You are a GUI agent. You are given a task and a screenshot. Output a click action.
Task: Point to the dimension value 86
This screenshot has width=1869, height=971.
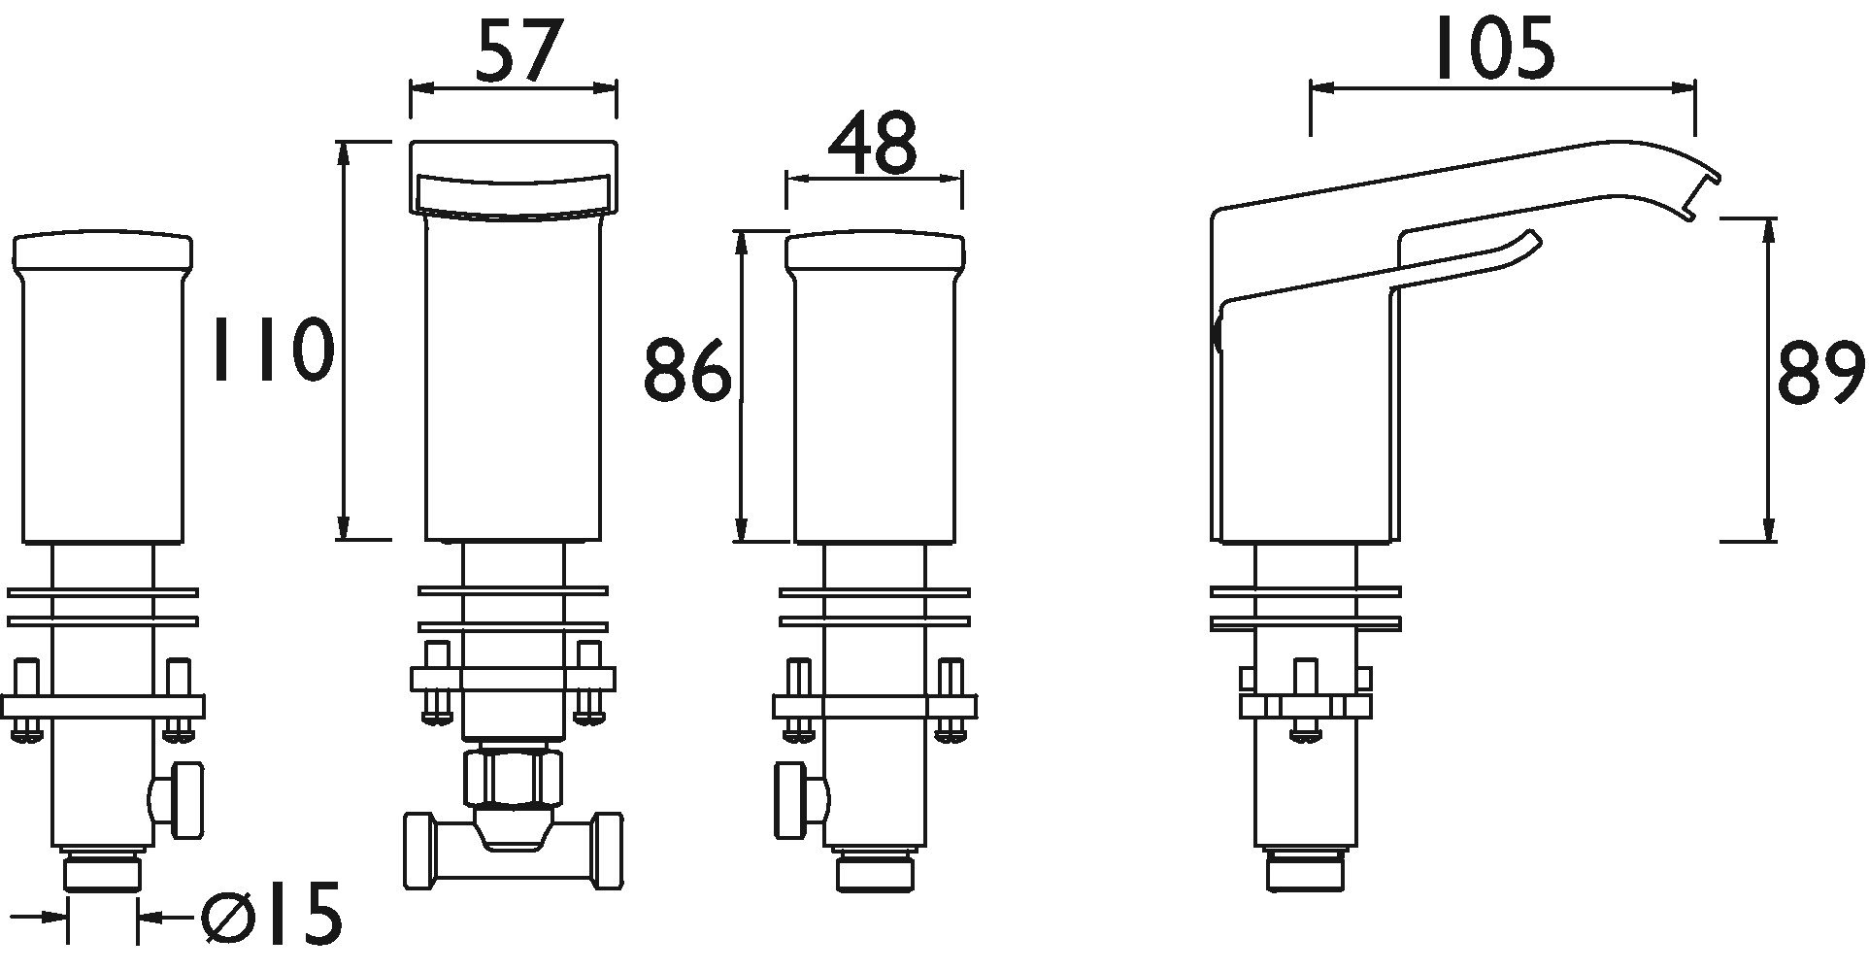click(687, 369)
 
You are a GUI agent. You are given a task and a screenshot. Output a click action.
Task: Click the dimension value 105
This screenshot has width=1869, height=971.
click(1494, 50)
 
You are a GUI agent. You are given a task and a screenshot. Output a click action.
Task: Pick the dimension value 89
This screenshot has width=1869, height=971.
click(1819, 373)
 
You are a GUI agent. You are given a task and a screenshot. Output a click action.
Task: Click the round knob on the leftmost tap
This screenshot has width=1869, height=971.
click(182, 800)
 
